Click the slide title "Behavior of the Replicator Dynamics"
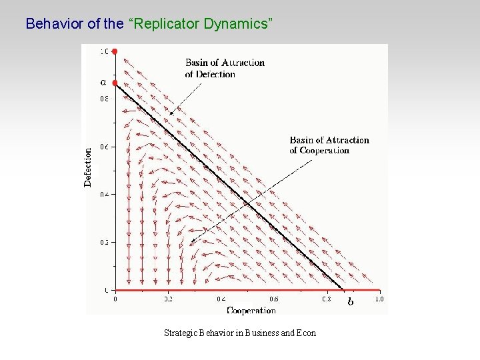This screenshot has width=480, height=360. click(x=149, y=24)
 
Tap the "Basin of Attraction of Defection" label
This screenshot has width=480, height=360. click(x=225, y=68)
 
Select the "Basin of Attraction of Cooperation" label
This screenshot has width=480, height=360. click(x=329, y=145)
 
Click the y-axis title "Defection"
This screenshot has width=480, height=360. click(x=89, y=167)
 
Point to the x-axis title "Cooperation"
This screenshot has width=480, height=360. click(x=251, y=310)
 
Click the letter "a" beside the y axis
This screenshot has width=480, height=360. click(x=103, y=83)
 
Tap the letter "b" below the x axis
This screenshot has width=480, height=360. click(x=351, y=302)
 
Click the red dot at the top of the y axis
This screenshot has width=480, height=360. click(x=115, y=51)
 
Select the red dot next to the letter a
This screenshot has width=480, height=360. click(x=115, y=83)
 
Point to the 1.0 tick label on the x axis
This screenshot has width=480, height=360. click(x=379, y=300)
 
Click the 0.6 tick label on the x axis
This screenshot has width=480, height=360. click(x=273, y=300)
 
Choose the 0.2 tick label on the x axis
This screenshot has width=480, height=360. click(x=169, y=300)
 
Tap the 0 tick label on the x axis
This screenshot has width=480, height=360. click(x=115, y=300)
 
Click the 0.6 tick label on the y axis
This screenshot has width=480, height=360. click(x=104, y=146)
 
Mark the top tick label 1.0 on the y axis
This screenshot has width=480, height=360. click(x=105, y=51)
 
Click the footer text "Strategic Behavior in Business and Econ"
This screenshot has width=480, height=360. click(x=240, y=333)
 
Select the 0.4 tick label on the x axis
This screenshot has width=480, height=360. click(x=221, y=300)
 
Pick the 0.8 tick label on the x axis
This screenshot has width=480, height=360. click(x=326, y=300)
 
